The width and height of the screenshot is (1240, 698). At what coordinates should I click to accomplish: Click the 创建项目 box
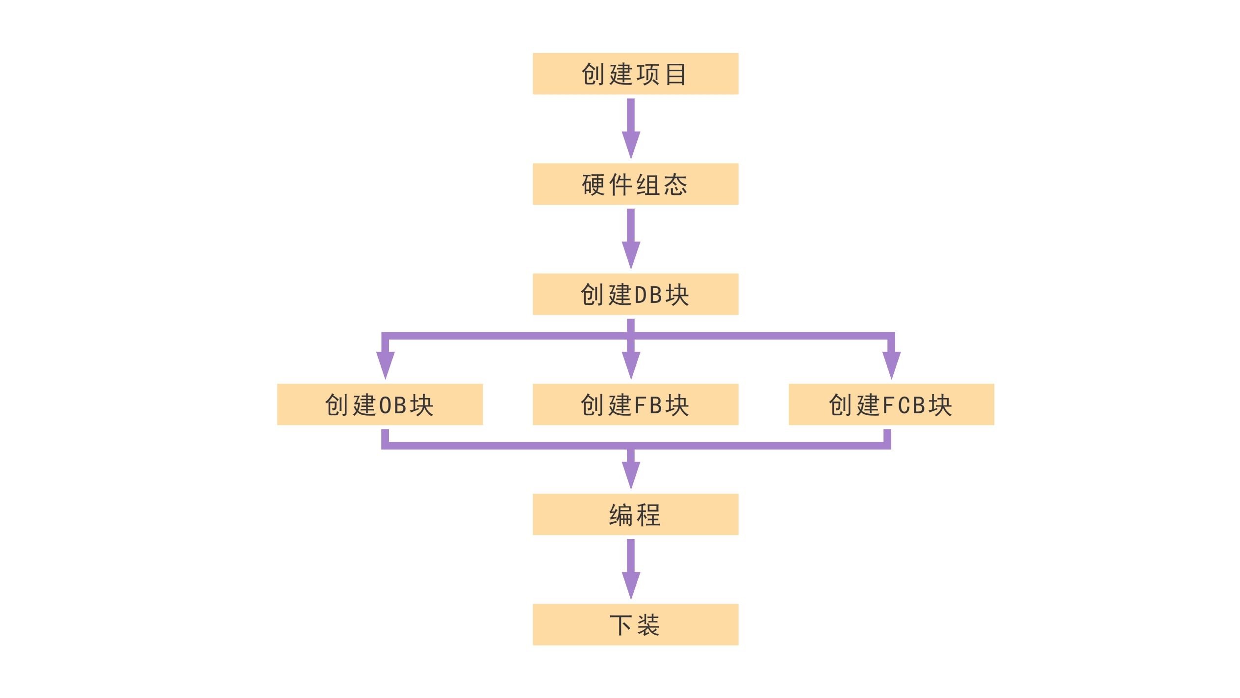coord(635,74)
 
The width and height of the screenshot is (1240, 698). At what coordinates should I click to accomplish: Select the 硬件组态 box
coord(635,184)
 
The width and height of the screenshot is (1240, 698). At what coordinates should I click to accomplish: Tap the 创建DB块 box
coord(635,294)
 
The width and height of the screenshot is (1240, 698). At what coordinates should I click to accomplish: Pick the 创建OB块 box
coord(380,404)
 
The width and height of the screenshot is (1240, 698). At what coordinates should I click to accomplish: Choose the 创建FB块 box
coord(635,404)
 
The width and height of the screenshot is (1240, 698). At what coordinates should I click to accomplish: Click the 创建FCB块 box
coord(891,404)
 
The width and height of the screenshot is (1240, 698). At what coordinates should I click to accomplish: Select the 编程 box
coord(635,514)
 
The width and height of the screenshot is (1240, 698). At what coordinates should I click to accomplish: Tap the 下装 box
coord(635,624)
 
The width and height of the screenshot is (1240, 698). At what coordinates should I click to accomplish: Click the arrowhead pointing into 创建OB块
coord(386,364)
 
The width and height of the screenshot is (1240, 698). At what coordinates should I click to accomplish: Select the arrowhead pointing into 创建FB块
coord(631,364)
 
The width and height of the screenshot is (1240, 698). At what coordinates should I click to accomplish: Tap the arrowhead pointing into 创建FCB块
coord(891,364)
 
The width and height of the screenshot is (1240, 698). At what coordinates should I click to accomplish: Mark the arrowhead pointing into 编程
coord(631,474)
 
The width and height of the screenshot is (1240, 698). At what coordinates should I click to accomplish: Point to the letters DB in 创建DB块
coord(648,295)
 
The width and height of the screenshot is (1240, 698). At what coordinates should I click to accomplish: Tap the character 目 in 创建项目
coord(676,75)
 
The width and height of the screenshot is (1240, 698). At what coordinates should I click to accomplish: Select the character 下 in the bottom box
coord(620,625)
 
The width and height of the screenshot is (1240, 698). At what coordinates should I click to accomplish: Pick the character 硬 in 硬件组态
coord(594,185)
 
